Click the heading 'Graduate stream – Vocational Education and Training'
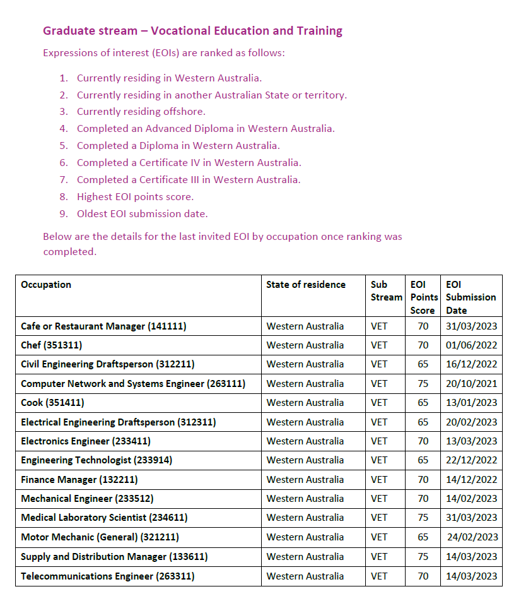(192, 31)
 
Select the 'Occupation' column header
(46, 285)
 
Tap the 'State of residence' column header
(306, 285)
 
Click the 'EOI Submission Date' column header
(471, 297)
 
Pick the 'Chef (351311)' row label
(51, 345)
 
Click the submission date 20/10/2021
(471, 384)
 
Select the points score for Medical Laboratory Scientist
(423, 518)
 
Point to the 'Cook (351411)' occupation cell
(52, 403)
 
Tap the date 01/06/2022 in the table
(471, 345)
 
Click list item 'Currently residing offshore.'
(141, 112)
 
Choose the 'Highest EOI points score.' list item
(135, 197)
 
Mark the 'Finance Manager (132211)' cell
(79, 480)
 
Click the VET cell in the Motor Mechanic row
(379, 537)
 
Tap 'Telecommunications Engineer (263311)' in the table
(107, 576)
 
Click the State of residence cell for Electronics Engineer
(305, 441)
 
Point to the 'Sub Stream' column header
(386, 291)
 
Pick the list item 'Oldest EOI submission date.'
(142, 214)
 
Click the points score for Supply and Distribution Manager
(423, 557)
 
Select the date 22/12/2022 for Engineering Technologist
(471, 460)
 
